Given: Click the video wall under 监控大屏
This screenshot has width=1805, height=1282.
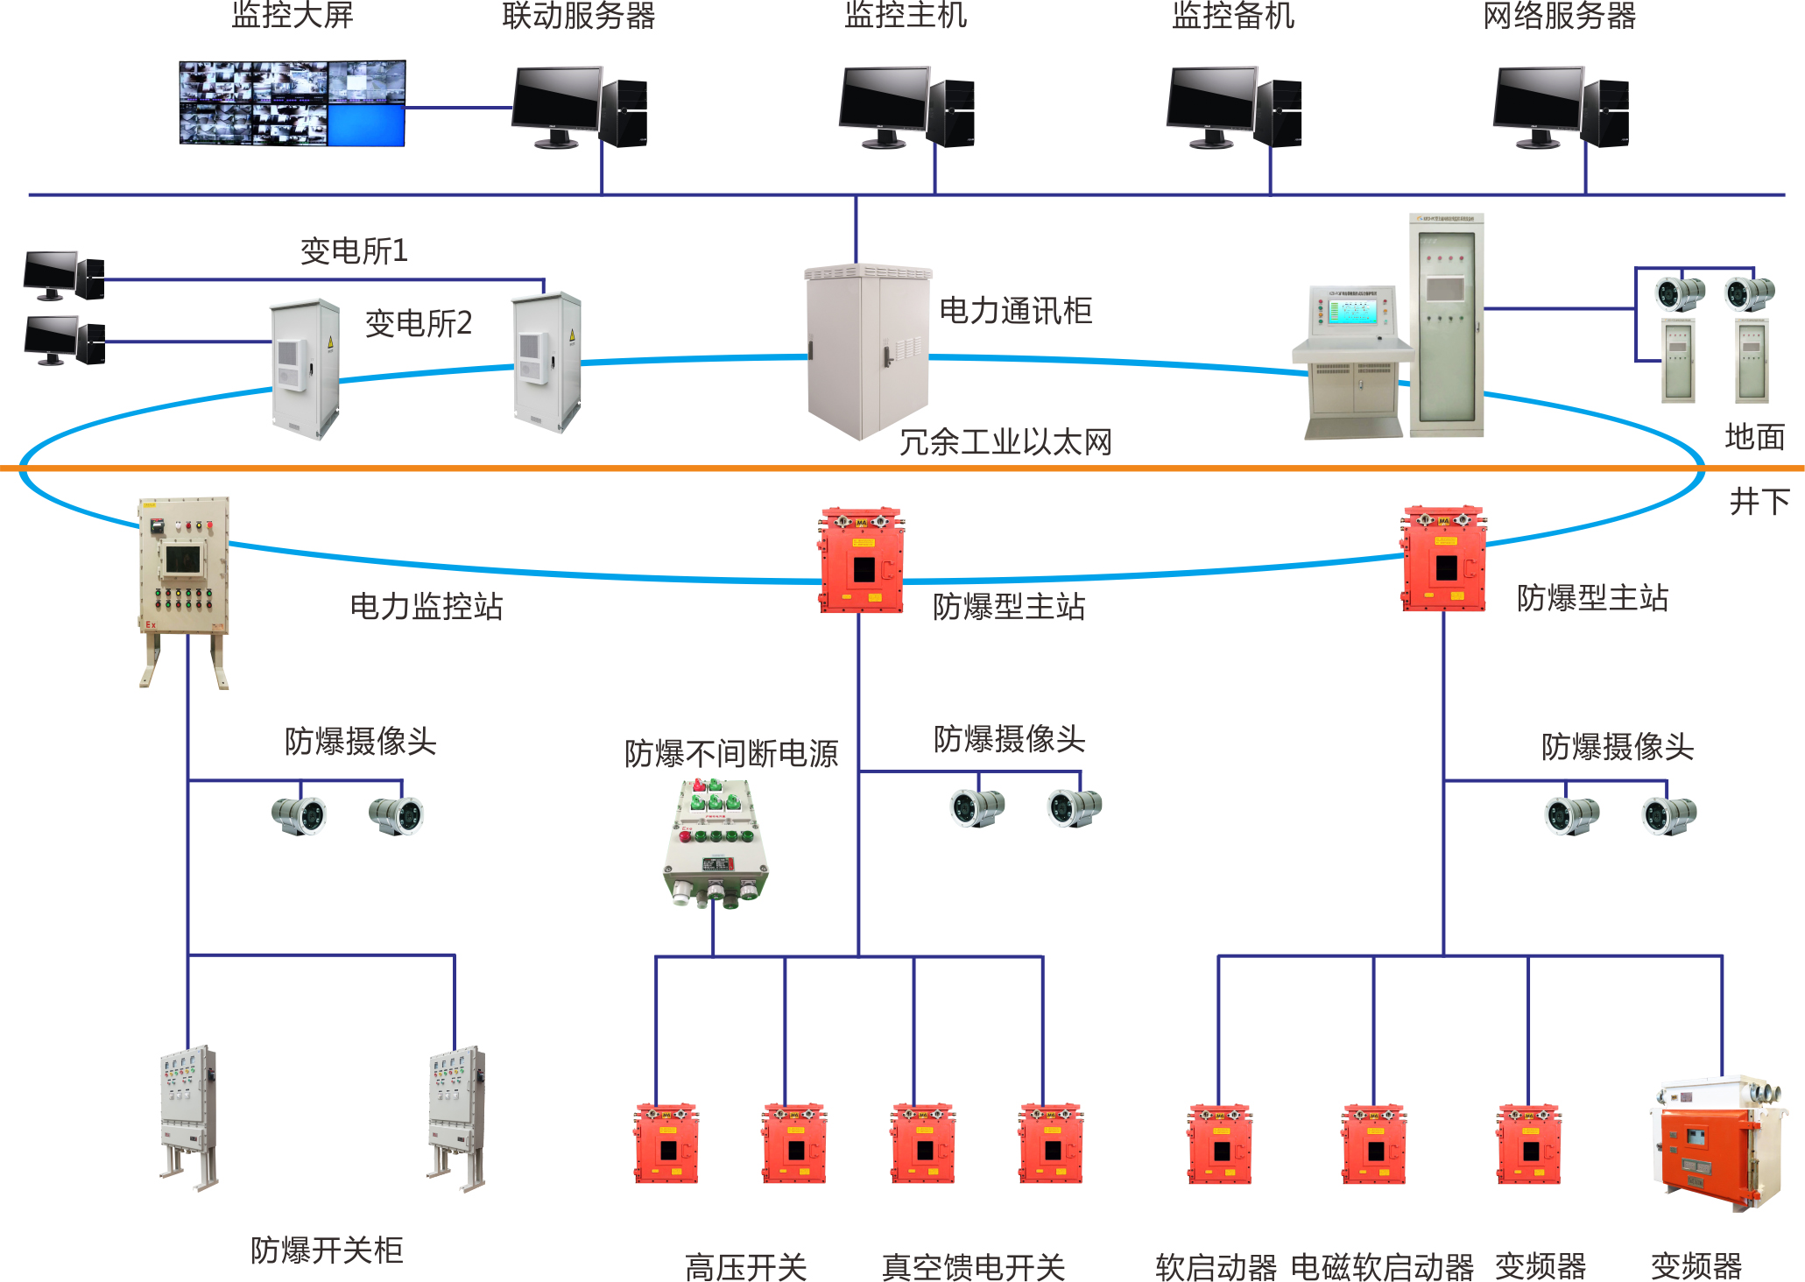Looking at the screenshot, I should pos(293,102).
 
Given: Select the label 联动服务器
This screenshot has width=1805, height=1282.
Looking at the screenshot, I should pos(579,16).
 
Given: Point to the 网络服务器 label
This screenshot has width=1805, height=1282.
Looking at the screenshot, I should pos(1560,16).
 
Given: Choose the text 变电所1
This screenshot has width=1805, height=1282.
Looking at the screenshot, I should pos(354,251).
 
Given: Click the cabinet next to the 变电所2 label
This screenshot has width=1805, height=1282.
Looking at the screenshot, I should pos(304,368).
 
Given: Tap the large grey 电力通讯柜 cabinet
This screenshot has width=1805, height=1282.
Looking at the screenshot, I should pos(867,350).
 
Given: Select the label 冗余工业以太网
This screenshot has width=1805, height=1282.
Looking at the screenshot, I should pos(1005,442).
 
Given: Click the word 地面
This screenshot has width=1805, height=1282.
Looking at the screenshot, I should pos(1754,436).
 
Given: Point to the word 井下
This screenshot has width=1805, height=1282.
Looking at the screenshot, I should pos(1759,502).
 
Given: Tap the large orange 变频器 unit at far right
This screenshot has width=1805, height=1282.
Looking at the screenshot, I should pos(1717,1143).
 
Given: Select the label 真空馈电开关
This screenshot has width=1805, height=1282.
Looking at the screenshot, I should pos(973,1266).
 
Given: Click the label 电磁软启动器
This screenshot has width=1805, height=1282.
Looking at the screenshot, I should pos(1382,1266).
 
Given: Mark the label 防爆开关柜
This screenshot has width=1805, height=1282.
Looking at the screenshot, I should pos(327,1250).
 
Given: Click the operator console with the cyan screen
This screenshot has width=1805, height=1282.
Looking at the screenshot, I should pos(1352,359).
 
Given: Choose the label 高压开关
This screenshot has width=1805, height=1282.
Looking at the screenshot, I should pos(745,1266).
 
